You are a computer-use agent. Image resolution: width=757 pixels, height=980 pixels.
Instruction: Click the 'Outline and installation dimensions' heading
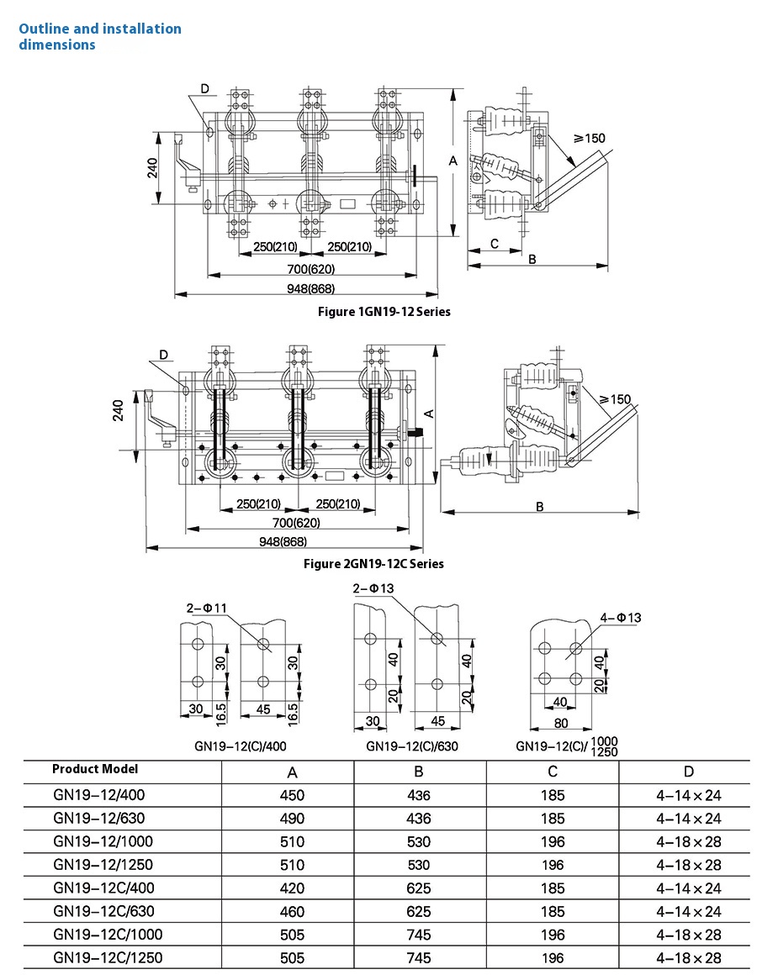coord(100,37)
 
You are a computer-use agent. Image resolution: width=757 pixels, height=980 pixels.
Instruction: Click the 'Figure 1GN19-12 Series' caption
coord(384,312)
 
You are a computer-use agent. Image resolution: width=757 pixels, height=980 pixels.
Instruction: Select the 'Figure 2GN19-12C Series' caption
coord(373,564)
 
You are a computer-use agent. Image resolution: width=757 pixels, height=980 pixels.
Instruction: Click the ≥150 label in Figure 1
coord(588,138)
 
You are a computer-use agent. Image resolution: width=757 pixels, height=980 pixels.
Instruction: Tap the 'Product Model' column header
coord(95,769)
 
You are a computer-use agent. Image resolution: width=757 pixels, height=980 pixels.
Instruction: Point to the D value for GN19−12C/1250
coord(689,957)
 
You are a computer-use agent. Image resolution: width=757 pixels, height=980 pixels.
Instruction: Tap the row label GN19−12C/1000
coord(108,935)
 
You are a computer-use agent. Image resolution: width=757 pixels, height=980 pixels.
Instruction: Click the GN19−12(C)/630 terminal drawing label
coord(411,746)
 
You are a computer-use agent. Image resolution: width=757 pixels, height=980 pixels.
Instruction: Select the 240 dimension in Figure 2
coord(119,409)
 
